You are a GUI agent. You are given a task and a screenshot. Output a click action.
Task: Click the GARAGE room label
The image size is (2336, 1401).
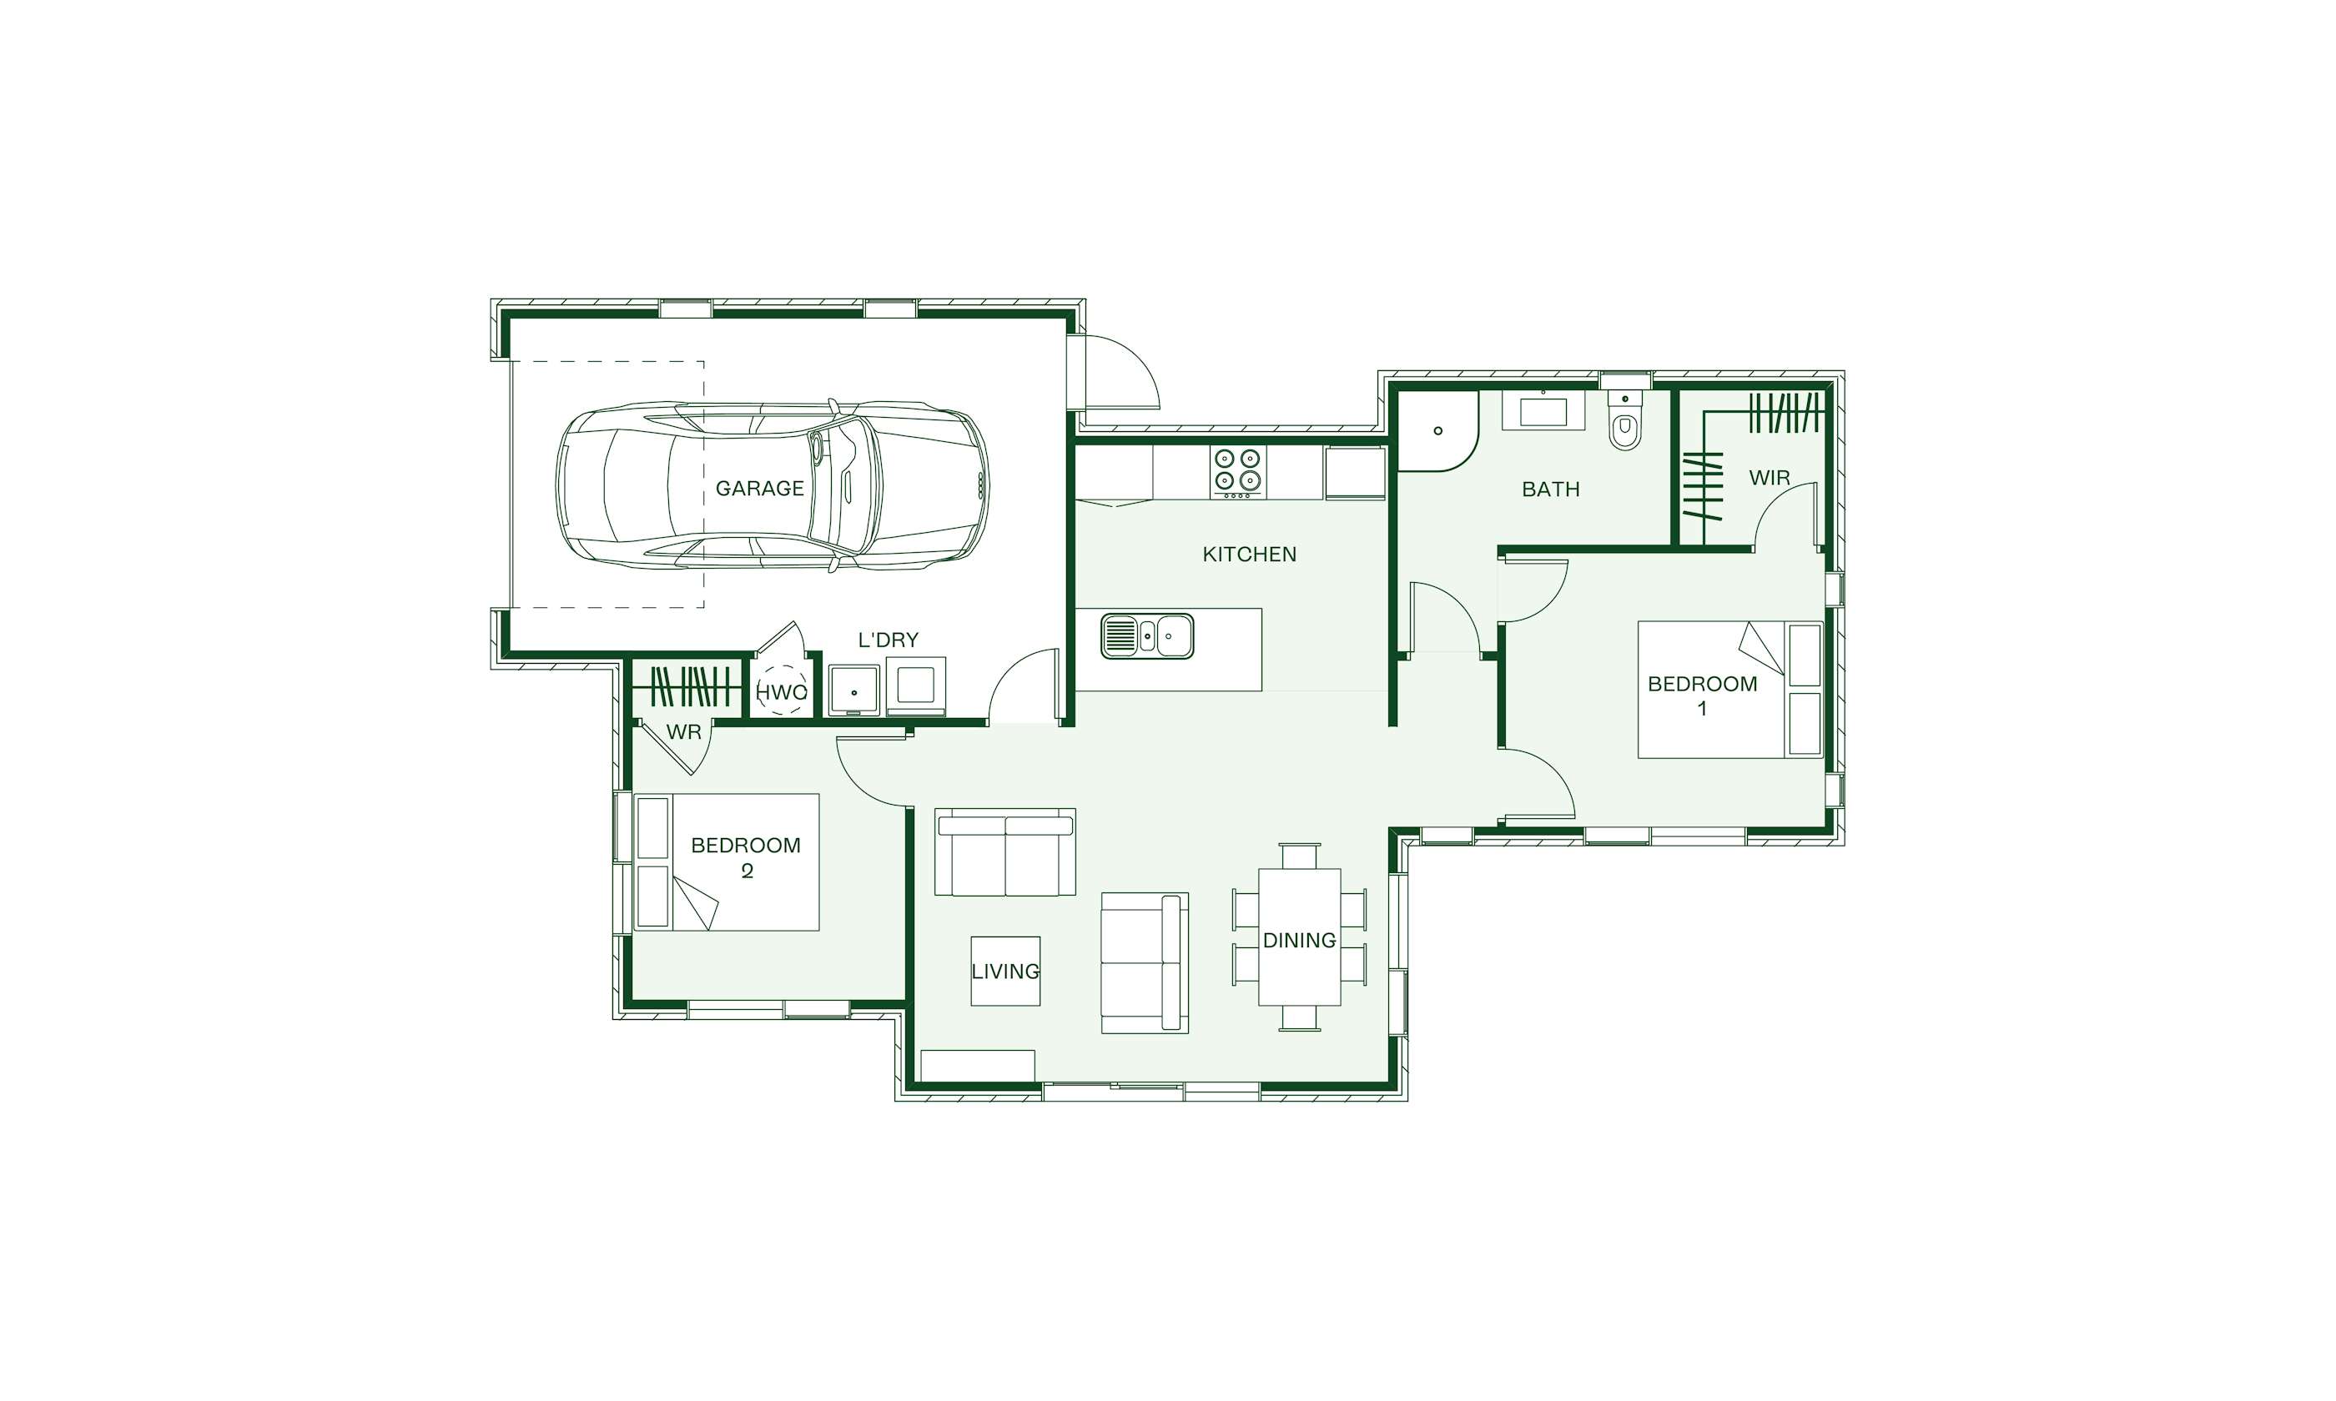coord(759,488)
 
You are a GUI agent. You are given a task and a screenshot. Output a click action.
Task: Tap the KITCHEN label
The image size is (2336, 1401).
coord(1249,555)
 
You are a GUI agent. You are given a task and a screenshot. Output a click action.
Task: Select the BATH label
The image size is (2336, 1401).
coord(1550,489)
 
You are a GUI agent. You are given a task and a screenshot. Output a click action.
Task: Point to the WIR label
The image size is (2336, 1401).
coord(1770,478)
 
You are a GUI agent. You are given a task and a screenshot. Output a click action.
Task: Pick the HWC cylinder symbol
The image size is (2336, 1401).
coord(782,692)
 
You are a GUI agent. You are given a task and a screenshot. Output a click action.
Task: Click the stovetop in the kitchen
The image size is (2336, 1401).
coord(1238,472)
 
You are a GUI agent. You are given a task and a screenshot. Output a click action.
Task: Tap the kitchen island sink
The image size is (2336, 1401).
coord(1146,636)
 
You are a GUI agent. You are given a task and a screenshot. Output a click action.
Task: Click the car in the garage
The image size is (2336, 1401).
coord(772,485)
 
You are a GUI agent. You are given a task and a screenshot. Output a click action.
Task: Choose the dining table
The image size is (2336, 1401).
coord(1299,937)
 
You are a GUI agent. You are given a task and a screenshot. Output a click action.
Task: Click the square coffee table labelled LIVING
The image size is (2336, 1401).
coord(1005,971)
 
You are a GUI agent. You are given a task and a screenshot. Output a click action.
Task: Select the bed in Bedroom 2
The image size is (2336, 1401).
coord(726,862)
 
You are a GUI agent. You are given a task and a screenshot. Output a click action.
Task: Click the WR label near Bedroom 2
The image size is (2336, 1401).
coord(683,731)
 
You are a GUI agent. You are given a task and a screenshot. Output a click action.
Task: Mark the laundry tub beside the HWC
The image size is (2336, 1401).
coord(854,690)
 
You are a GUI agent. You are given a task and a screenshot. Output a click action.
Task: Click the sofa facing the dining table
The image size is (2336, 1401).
coord(1145,963)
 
